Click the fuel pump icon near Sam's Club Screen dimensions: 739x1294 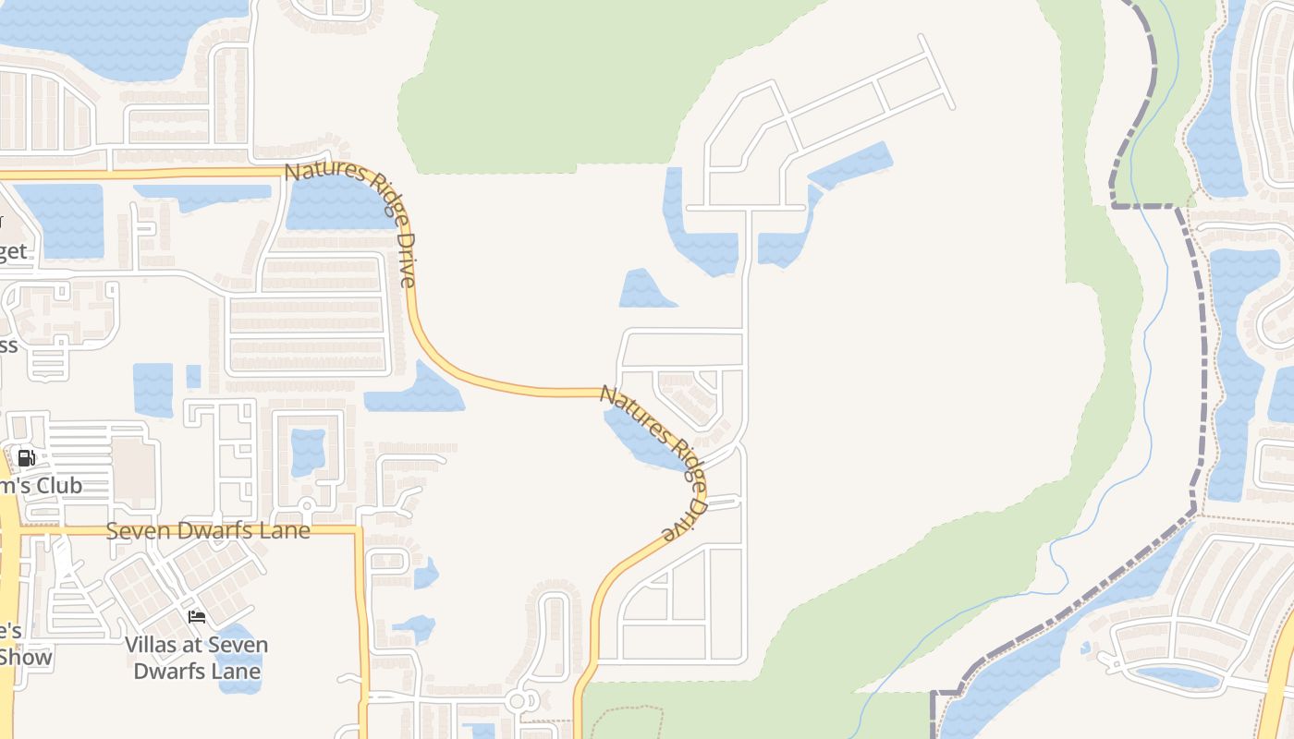point(27,457)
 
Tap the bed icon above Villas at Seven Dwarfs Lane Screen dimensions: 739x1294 point(196,616)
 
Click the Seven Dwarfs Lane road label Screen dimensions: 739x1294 point(208,531)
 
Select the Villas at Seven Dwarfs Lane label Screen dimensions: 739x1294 point(197,658)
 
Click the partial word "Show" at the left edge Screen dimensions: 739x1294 point(26,658)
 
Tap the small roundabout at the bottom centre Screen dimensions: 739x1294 point(517,702)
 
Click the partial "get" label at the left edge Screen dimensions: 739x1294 point(13,251)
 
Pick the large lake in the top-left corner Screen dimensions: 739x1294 point(120,37)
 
